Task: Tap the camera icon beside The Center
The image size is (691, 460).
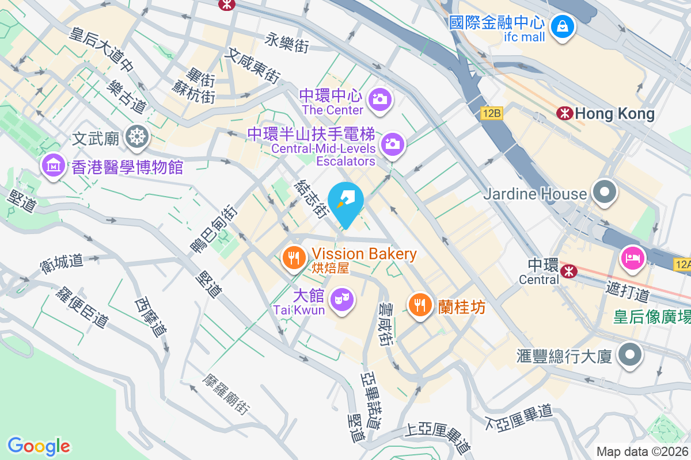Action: tap(379, 99)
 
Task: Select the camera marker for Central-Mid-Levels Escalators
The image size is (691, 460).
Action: tap(393, 143)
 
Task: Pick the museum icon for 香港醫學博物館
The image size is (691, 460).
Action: tap(53, 166)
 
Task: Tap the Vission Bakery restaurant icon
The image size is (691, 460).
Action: tap(295, 257)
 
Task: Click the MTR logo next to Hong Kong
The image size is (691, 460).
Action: tap(564, 113)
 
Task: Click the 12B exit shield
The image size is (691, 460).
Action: tap(492, 114)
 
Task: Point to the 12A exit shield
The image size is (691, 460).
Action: tap(682, 264)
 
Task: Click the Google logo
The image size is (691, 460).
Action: tap(39, 446)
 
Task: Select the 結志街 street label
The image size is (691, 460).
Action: tap(310, 199)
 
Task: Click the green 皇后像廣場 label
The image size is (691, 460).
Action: tap(651, 316)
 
